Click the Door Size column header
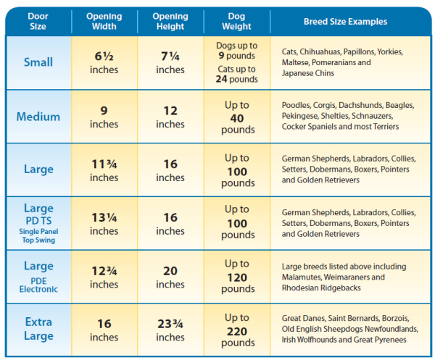[38, 21]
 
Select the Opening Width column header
[104, 21]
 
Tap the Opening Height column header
[170, 21]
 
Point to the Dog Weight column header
[236, 21]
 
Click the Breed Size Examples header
[345, 22]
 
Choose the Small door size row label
[38, 62]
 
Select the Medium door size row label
[38, 117]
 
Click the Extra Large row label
[38, 329]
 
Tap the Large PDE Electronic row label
[38, 277]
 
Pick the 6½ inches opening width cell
[104, 62]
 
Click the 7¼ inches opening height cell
[170, 62]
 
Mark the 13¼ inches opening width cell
[104, 224]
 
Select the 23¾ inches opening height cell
[170, 330]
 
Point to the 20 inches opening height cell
[170, 277]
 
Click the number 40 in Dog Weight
[237, 118]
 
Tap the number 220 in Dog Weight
[237, 332]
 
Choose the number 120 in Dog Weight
[237, 277]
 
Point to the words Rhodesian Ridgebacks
[321, 288]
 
